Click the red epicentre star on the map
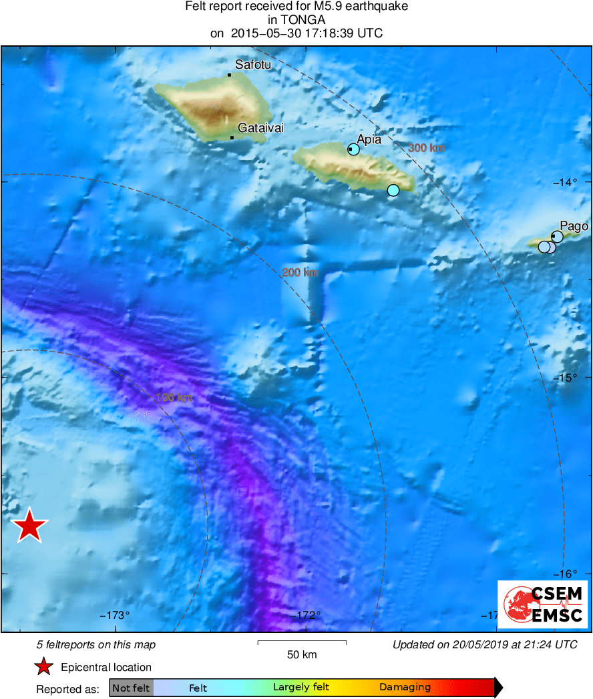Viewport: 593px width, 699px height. tap(29, 526)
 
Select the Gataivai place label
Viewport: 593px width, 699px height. tap(261, 128)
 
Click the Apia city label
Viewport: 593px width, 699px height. tap(369, 139)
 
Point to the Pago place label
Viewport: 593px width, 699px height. tap(574, 226)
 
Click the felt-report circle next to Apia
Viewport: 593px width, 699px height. tap(354, 149)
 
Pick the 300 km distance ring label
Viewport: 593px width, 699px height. tap(426, 148)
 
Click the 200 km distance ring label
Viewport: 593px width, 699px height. tap(300, 272)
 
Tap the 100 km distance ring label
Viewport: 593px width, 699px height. tap(174, 398)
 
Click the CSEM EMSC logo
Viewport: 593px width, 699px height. tap(542, 604)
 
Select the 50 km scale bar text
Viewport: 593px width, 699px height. tap(302, 654)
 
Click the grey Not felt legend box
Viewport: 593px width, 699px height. tap(131, 688)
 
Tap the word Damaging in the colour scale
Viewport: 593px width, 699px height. tap(405, 688)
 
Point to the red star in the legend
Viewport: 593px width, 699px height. tap(43, 667)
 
